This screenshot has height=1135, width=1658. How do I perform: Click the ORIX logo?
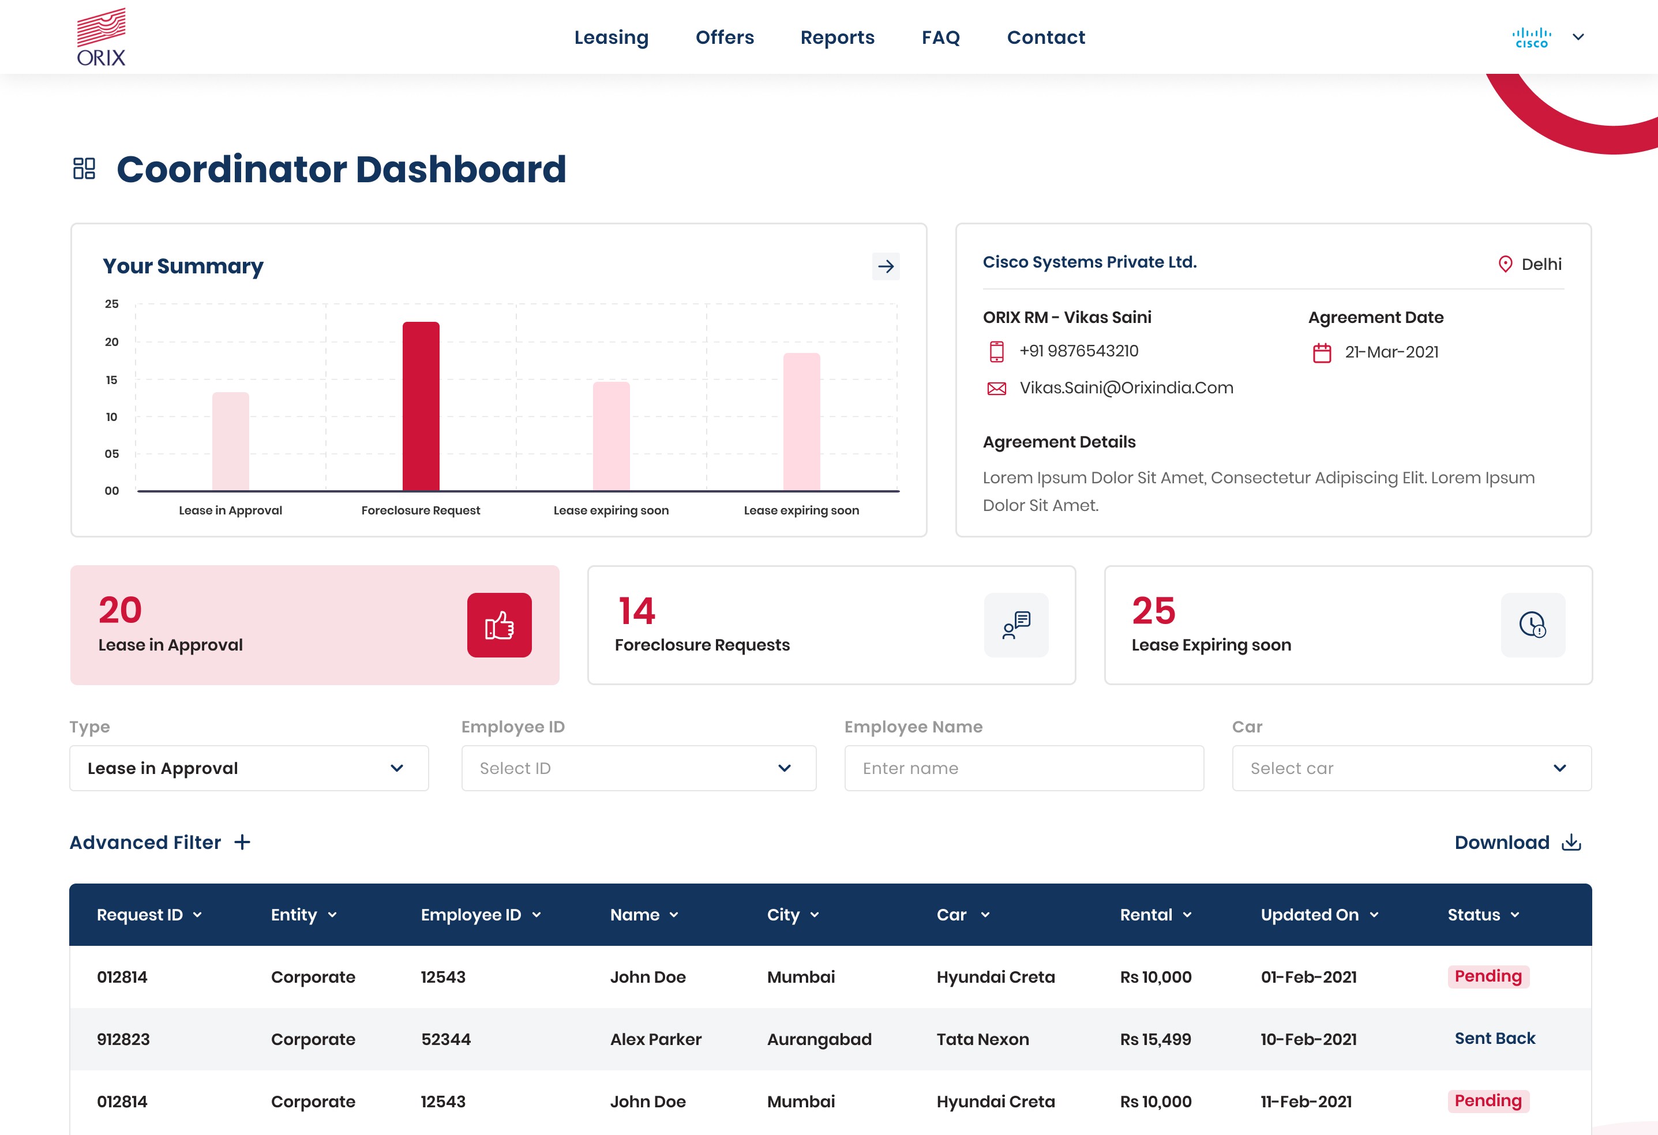[102, 37]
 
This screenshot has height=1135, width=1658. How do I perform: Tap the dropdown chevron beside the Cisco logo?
[1578, 37]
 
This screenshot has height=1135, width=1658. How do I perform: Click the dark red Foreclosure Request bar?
[421, 406]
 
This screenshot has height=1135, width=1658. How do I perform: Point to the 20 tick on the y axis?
[112, 342]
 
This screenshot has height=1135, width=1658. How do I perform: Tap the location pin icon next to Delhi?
[1505, 264]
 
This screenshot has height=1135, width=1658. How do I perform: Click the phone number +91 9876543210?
[1079, 351]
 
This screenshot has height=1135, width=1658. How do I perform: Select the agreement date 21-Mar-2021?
[1391, 352]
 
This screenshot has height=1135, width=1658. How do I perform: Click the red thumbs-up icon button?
[500, 625]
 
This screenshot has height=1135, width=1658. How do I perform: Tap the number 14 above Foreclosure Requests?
[636, 611]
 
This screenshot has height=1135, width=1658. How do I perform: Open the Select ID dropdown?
[639, 768]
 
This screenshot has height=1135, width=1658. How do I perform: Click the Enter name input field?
[1024, 768]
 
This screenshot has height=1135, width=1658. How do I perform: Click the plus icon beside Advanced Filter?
[242, 843]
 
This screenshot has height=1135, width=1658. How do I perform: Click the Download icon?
[1571, 843]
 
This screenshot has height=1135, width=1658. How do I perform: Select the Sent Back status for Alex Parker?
[1495, 1039]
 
